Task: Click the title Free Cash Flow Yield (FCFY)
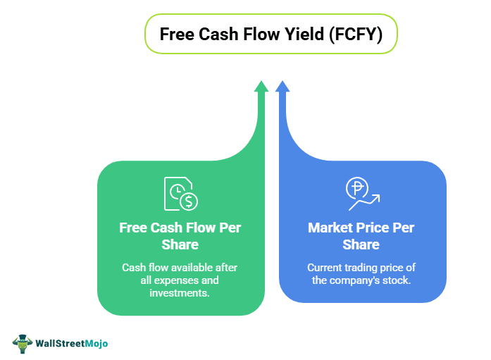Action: tap(271, 35)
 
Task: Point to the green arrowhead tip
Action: tap(261, 84)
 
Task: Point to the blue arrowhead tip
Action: tap(282, 84)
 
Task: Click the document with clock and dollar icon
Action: tap(180, 194)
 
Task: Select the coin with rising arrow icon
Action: tap(361, 194)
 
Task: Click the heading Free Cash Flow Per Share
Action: tap(180, 236)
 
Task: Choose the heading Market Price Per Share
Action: tap(361, 236)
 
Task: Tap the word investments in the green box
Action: tap(180, 292)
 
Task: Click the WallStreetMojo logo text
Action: tap(73, 343)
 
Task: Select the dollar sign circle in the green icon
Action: tap(189, 201)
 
